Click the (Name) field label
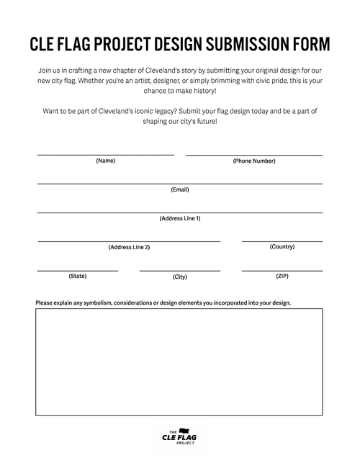click(x=105, y=161)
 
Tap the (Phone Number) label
click(x=253, y=161)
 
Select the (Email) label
click(x=179, y=189)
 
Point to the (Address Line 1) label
click(x=179, y=218)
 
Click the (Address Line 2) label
click(x=129, y=247)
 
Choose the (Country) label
click(x=282, y=246)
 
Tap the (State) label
click(x=77, y=276)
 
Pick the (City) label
click(x=179, y=277)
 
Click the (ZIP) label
click(x=282, y=276)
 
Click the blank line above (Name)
click(x=105, y=155)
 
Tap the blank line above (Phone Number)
click(x=253, y=155)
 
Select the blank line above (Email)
click(x=179, y=184)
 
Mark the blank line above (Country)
click(x=282, y=241)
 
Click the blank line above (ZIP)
click(x=282, y=270)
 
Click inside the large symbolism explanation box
click(x=179, y=362)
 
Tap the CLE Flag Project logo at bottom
click(x=179, y=435)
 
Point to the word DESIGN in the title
click(x=173, y=45)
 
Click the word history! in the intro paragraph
click(x=204, y=91)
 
